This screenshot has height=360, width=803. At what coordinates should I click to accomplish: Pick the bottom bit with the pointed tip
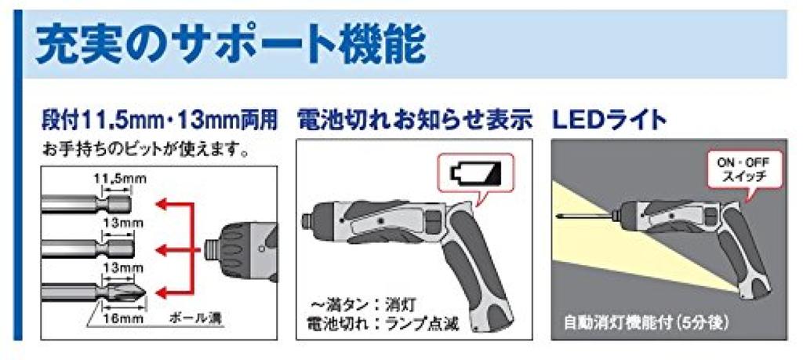tap(94, 295)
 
